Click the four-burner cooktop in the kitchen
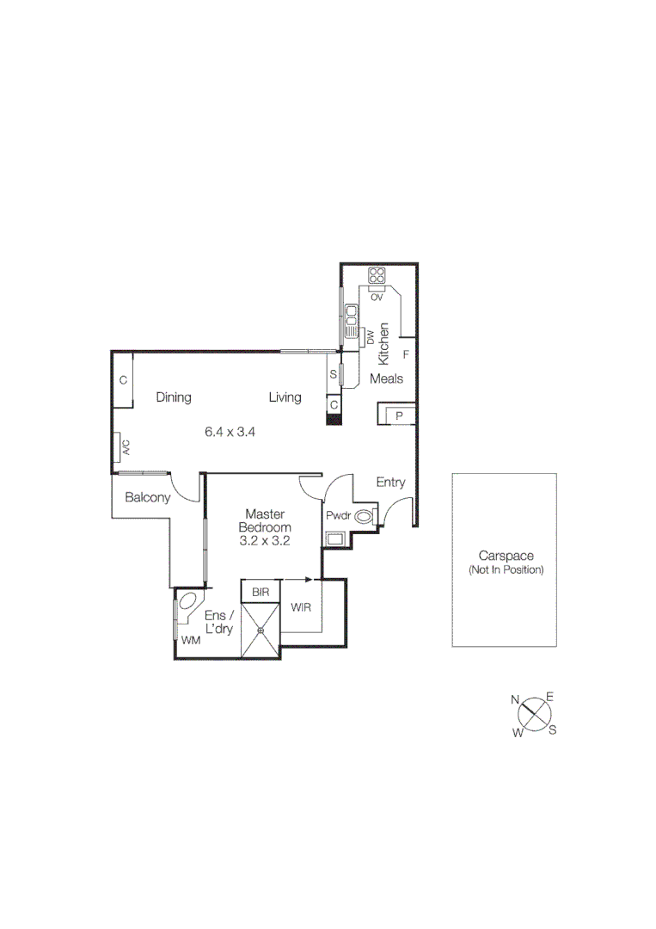point(377,276)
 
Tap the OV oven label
point(377,297)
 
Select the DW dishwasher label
point(371,337)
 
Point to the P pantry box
point(399,416)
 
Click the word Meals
point(387,378)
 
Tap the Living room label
point(285,397)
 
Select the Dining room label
point(174,397)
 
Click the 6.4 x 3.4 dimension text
point(230,432)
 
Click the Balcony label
point(147,497)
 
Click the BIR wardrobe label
point(261,593)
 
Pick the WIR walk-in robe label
point(301,608)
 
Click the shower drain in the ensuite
point(261,631)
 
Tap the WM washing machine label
point(190,641)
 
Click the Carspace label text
point(506,557)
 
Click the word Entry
point(390,483)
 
